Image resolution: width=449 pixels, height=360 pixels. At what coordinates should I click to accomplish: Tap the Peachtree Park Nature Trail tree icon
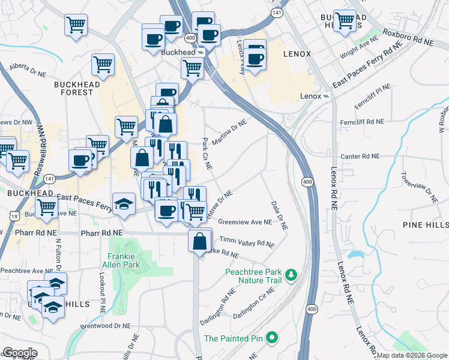click(291, 275)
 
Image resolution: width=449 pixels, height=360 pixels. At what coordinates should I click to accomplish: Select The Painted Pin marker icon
click(272, 338)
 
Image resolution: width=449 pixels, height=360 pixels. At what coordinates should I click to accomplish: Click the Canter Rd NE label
click(360, 156)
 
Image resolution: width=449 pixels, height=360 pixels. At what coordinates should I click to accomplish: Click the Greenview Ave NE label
click(245, 221)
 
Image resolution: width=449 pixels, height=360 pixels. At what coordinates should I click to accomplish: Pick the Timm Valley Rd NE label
click(247, 241)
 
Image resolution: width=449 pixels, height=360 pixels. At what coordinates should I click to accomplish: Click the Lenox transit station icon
click(325, 96)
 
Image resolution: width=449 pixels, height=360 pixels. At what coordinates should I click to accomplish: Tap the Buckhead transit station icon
click(202, 53)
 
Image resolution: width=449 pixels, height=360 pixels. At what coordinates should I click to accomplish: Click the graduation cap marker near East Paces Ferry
click(124, 203)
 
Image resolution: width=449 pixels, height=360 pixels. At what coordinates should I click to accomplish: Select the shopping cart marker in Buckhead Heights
click(345, 20)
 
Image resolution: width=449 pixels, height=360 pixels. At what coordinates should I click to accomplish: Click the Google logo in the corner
click(19, 353)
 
